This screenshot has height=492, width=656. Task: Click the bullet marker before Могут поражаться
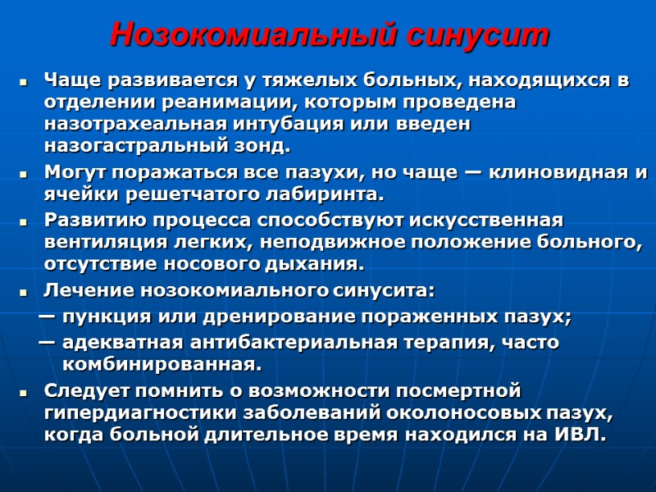[x=25, y=175]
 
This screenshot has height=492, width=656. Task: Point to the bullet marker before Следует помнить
[x=25, y=391]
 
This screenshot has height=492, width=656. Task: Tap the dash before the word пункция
[x=48, y=317]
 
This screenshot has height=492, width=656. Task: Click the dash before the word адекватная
[x=48, y=341]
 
